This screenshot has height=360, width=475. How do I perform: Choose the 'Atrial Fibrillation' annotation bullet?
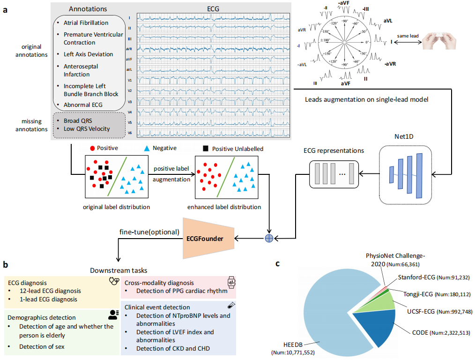(x=86, y=22)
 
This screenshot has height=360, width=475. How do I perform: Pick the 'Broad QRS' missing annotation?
(x=77, y=121)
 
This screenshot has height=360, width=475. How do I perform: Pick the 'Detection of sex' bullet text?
(x=41, y=347)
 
